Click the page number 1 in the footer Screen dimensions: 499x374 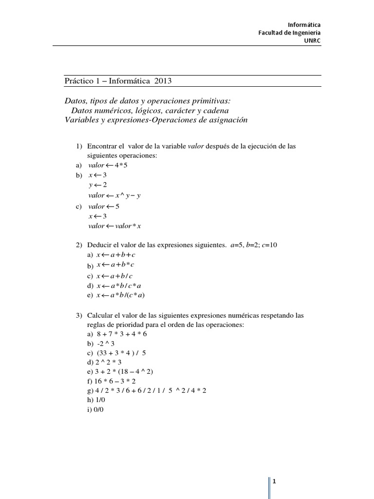coord(275,482)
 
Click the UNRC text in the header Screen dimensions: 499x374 coord(312,40)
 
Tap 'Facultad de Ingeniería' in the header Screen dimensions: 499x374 coord(289,33)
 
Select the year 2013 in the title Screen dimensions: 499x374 coord(163,80)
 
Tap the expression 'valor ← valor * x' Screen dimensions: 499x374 coord(115,226)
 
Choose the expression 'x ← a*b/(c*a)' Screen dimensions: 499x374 coord(121,295)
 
